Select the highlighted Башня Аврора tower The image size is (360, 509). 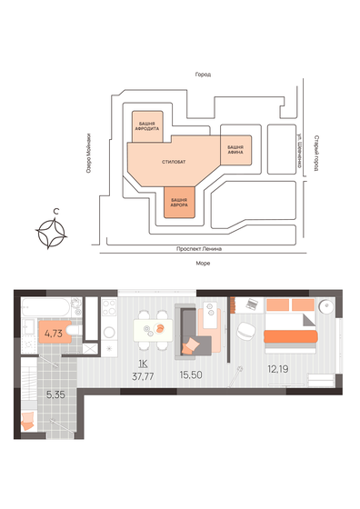coord(179,203)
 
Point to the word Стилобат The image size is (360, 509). coord(174,161)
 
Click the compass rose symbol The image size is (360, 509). coord(56,233)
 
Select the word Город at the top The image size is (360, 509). coord(203,74)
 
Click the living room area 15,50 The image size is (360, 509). coord(190,372)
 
